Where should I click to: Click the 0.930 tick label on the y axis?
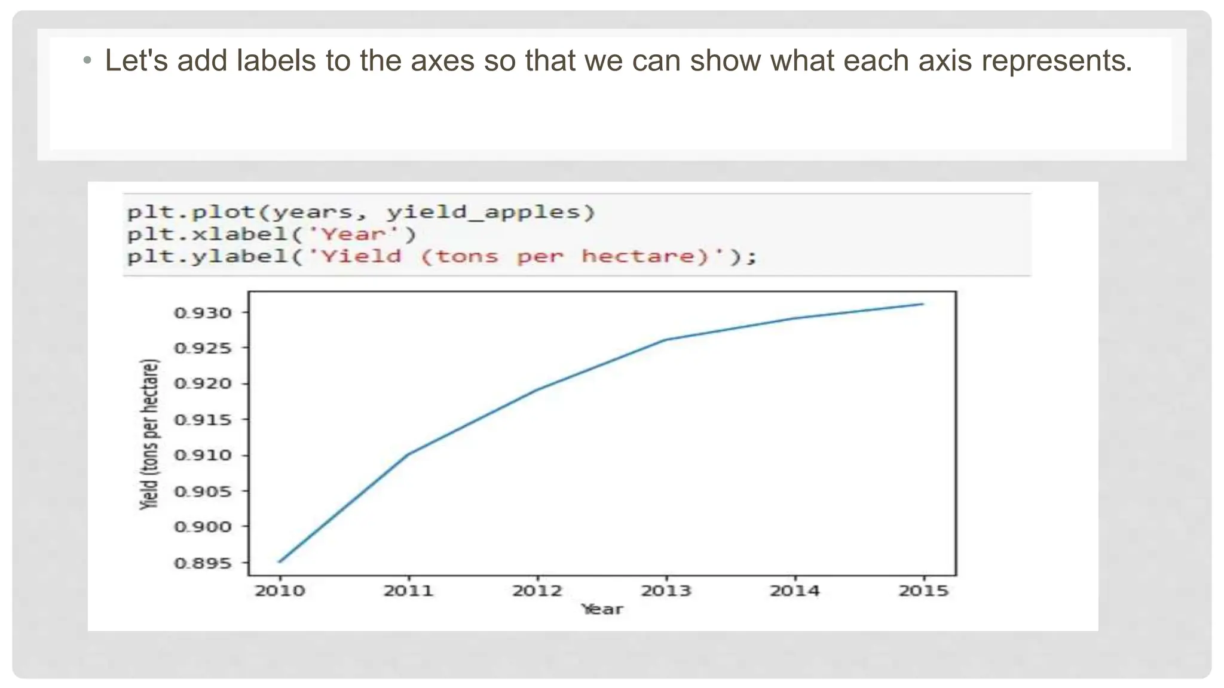pyautogui.click(x=203, y=313)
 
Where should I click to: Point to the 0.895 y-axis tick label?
pyautogui.click(x=203, y=563)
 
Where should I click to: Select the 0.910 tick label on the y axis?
pyautogui.click(x=203, y=456)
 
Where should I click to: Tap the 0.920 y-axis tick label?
pyautogui.click(x=203, y=384)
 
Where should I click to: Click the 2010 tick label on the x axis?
pyautogui.click(x=280, y=591)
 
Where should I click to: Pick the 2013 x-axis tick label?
pyautogui.click(x=666, y=591)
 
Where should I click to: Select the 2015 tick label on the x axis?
pyautogui.click(x=923, y=591)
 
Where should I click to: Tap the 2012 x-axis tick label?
pyautogui.click(x=537, y=591)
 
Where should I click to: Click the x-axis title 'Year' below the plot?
pyautogui.click(x=602, y=610)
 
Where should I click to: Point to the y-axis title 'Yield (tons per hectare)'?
pyautogui.click(x=150, y=434)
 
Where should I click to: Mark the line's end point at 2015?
pyautogui.click(x=923, y=304)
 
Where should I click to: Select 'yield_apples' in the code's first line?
pyautogui.click(x=484, y=213)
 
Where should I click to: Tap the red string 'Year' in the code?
pyautogui.click(x=353, y=235)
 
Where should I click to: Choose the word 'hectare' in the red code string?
pyautogui.click(x=638, y=257)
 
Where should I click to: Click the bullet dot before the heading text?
pyautogui.click(x=88, y=60)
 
